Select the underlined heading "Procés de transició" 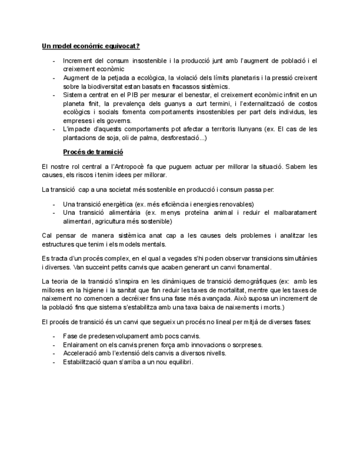point(93,152)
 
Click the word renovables point(234,204)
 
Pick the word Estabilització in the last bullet point(84,362)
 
